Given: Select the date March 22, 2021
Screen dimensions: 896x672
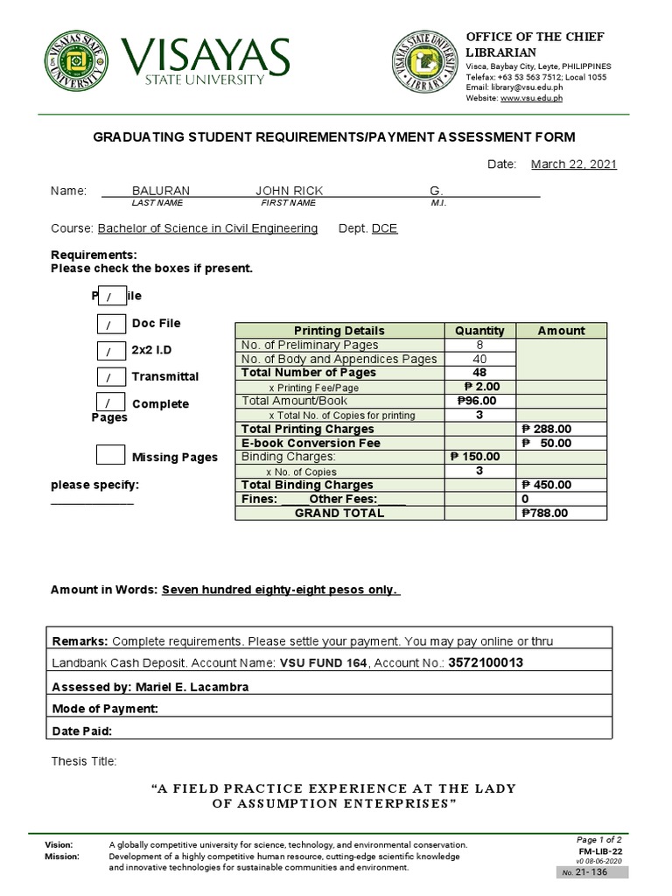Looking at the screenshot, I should click(574, 164).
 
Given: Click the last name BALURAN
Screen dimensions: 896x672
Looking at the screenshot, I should click(160, 191).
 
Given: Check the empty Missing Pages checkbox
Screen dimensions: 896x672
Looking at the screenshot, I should click(110, 455).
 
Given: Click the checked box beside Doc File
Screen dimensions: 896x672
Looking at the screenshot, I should click(110, 325).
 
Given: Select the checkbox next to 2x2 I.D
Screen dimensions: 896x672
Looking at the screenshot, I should click(110, 351).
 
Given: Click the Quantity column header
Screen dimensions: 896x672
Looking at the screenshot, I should click(479, 331).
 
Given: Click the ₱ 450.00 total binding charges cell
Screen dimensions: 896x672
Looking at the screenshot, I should click(546, 486).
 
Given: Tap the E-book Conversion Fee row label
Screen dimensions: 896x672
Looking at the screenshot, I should click(311, 444).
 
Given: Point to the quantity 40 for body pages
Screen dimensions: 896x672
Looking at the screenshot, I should click(479, 359).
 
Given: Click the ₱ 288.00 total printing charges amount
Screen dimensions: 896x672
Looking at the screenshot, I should click(546, 430).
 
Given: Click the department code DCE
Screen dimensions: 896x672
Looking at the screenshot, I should click(384, 228).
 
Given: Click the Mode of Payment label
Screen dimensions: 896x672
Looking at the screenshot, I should click(105, 709).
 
